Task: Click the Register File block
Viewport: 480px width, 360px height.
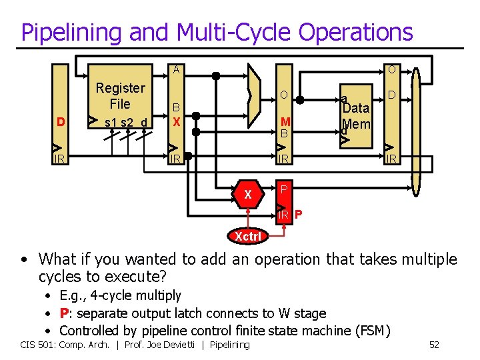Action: point(120,104)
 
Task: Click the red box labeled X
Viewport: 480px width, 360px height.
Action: point(248,195)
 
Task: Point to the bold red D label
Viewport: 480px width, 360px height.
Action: point(61,122)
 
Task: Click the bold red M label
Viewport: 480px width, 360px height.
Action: point(285,121)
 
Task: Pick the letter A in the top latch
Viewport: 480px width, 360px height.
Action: point(176,69)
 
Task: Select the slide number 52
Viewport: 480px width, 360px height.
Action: point(434,345)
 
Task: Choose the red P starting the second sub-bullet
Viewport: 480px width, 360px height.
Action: point(64,313)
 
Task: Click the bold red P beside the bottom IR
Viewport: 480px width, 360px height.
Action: point(298,215)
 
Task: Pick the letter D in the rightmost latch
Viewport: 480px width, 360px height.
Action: point(392,97)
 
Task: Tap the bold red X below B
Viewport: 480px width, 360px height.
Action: point(176,122)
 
